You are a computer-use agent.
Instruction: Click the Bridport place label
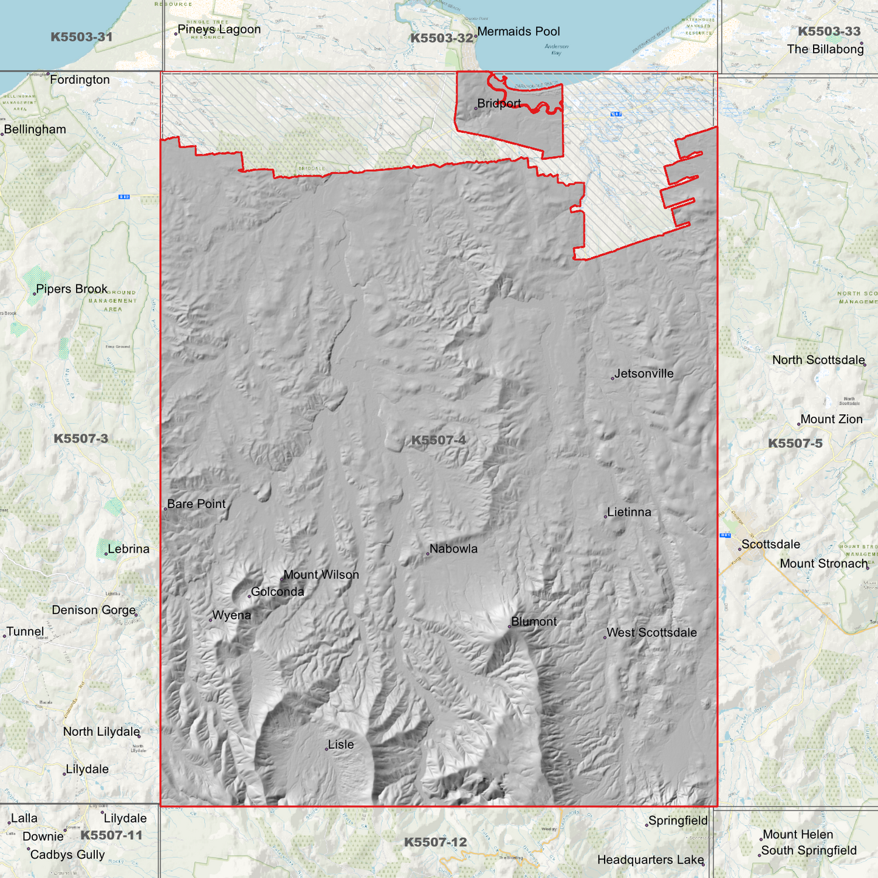point(499,103)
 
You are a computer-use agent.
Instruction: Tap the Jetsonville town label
point(643,374)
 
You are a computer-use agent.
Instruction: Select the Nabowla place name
point(453,549)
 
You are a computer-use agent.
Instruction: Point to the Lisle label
point(340,744)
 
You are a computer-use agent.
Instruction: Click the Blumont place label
point(533,622)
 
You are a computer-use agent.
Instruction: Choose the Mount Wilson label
point(321,575)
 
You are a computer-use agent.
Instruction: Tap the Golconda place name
point(277,592)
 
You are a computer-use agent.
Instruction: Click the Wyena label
point(232,616)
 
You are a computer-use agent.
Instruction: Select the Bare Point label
point(196,504)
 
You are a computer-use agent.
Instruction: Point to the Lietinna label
point(629,512)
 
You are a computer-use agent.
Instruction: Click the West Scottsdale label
point(651,633)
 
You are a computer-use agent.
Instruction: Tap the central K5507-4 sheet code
point(438,440)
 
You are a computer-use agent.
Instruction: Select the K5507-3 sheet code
point(81,439)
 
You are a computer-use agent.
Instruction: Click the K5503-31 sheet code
point(81,37)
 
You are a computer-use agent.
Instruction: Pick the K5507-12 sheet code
point(435,842)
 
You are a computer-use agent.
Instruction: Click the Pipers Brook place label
point(72,289)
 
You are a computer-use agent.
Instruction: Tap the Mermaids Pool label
point(518,32)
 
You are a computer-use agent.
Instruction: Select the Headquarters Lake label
point(650,860)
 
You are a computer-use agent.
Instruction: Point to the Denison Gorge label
point(94,610)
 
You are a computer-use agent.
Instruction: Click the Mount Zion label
point(831,419)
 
